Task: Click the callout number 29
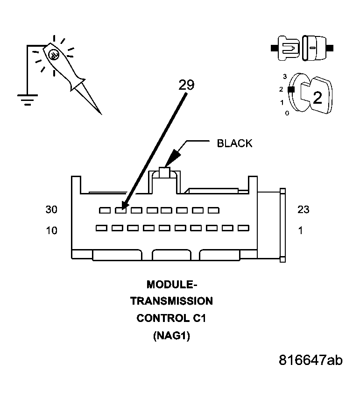[185, 84]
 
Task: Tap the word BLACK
[234, 143]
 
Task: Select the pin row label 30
[51, 210]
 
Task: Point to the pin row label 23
[303, 210]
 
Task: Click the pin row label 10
[51, 230]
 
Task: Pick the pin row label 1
[300, 230]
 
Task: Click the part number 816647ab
[311, 360]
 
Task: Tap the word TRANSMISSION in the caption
[171, 301]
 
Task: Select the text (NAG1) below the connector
[171, 336]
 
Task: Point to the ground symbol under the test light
[27, 99]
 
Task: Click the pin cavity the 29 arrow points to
[120, 210]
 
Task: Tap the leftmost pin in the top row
[105, 210]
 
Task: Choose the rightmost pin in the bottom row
[243, 228]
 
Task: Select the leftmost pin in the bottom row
[101, 228]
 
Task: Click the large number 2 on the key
[317, 98]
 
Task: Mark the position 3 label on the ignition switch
[284, 76]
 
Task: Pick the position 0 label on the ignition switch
[287, 113]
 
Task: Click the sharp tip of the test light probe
[100, 114]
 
